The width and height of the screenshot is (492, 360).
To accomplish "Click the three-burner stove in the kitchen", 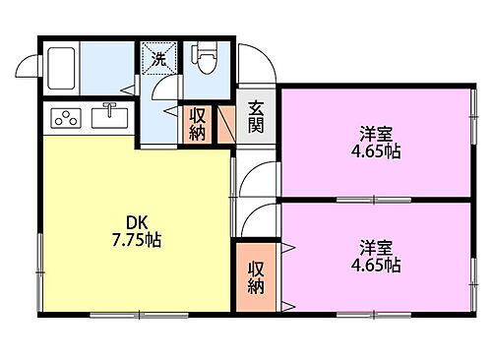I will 66,120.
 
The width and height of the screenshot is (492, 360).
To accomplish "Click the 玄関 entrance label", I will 255,117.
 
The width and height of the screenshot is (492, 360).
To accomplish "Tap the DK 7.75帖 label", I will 135,231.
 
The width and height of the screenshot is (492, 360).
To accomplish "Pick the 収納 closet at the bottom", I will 256,277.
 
